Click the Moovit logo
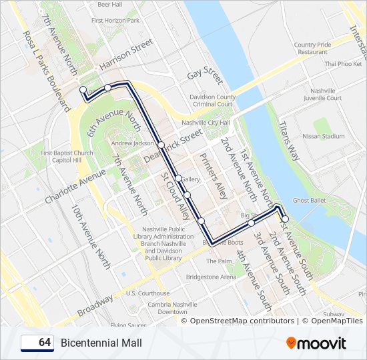(x=316, y=343)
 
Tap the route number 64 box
(x=37, y=343)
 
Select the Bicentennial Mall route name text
(x=101, y=343)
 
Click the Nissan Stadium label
(x=324, y=136)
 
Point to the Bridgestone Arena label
(x=211, y=277)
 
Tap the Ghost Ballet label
(x=309, y=200)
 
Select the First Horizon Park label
(x=115, y=21)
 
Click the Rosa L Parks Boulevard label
(x=46, y=70)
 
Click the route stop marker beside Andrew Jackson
(x=161, y=145)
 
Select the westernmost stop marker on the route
(x=83, y=89)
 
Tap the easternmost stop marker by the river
(x=285, y=219)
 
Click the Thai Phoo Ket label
(x=343, y=64)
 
